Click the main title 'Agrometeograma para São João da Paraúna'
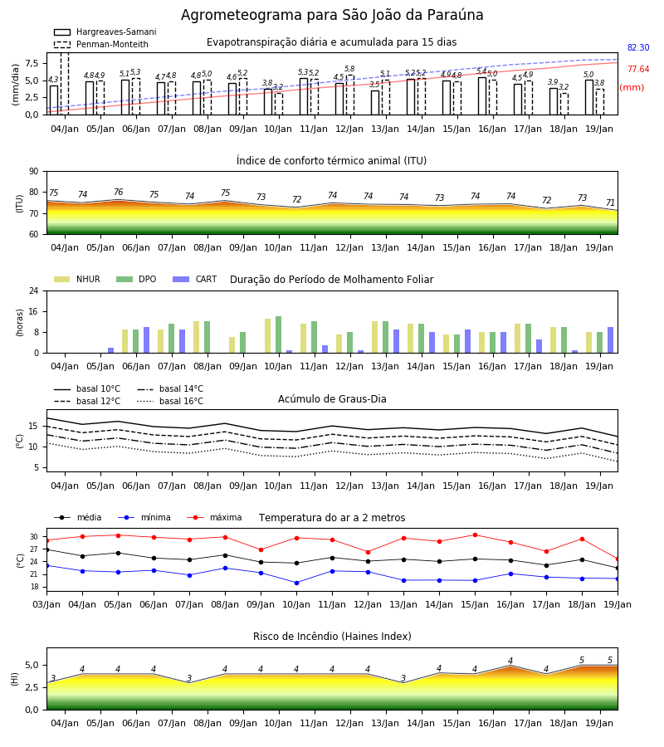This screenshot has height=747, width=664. (332, 15)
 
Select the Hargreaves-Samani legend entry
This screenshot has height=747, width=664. (105, 32)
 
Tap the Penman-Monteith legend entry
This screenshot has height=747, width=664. (101, 44)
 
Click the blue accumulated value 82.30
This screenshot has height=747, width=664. (638, 47)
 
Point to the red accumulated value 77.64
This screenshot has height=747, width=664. (638, 69)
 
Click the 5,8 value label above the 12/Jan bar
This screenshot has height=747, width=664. (349, 69)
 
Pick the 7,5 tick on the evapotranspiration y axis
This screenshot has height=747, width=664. (32, 63)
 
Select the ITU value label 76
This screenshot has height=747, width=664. (118, 192)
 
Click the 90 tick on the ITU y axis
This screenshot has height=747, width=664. (34, 172)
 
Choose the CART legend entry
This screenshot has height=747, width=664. (195, 279)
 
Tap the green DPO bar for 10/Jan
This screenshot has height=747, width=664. (278, 334)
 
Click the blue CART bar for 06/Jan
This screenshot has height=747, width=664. (146, 340)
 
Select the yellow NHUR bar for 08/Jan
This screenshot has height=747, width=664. (196, 337)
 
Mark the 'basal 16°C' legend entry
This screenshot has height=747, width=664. (170, 401)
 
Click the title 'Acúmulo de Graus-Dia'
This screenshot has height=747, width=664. (332, 399)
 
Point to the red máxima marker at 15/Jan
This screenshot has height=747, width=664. (475, 535)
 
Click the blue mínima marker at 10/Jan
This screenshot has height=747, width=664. (297, 583)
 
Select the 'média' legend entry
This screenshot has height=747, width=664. (78, 517)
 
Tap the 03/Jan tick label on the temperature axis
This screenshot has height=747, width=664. (46, 604)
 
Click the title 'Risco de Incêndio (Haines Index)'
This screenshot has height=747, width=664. (332, 637)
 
